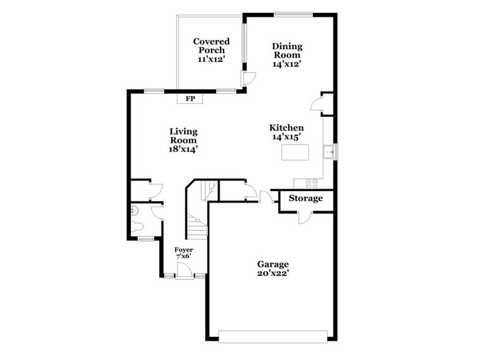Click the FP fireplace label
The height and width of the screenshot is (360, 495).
(x=190, y=99)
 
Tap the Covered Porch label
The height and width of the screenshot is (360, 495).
(x=211, y=46)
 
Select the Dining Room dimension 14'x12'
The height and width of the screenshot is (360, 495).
(x=288, y=63)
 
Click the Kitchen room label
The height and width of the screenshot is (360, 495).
(x=287, y=128)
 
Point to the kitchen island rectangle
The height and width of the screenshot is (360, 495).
(x=294, y=152)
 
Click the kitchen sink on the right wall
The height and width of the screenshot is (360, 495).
(x=329, y=151)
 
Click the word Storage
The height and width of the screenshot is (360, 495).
(x=306, y=198)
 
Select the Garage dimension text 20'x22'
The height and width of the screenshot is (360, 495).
(x=272, y=273)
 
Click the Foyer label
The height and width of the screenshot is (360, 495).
(x=184, y=250)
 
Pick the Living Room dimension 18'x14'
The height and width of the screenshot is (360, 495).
(x=184, y=149)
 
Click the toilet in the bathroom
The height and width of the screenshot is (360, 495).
(x=138, y=227)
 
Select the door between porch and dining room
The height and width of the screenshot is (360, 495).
(x=249, y=78)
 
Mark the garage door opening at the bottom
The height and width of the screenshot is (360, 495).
(x=272, y=336)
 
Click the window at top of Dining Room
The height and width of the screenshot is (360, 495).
(x=292, y=15)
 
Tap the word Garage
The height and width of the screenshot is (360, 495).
(x=273, y=264)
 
